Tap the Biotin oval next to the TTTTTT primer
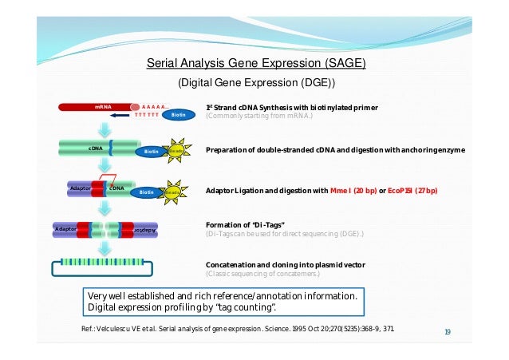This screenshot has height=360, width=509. coord(178,114)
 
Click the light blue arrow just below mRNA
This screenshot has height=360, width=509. coord(104,128)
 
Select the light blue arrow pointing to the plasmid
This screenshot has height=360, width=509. coord(104,247)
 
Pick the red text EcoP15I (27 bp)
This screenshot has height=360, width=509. coord(415,191)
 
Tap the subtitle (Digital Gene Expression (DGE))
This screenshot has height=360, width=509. coord(255,83)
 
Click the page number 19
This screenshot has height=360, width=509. coord(448,330)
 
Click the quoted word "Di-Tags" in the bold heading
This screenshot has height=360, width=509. coord(258,225)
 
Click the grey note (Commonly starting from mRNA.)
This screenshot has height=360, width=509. coord(259,117)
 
